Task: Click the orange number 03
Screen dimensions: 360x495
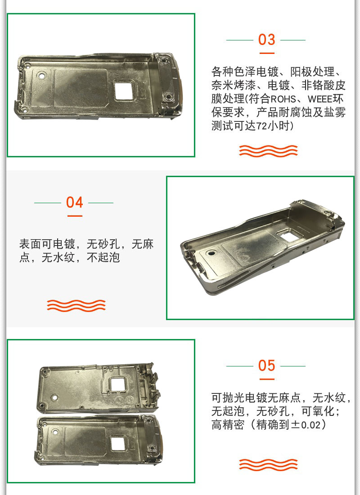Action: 266,40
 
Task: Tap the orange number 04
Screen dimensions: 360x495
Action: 75,202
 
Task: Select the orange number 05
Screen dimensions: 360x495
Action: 266,366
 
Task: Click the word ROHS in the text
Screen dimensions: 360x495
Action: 283,99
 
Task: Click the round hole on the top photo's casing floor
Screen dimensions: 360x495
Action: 41,76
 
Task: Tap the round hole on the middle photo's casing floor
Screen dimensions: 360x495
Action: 211,253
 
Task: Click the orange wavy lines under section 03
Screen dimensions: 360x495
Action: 268,151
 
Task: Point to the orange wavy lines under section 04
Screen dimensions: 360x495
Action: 76,306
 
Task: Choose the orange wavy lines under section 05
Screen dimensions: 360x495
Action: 268,465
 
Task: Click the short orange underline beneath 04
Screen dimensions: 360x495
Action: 75,216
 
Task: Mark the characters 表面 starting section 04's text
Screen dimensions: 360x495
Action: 30,244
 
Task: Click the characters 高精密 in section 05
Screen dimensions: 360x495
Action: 228,425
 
